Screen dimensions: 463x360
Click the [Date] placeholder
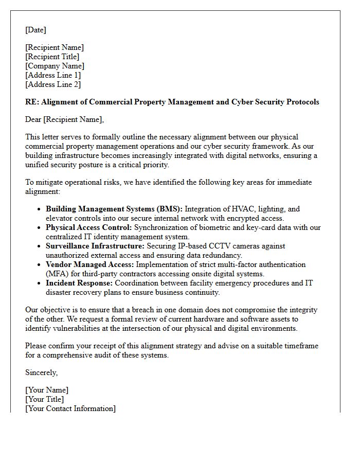[x=35, y=30]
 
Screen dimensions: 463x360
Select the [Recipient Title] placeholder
[x=52, y=57]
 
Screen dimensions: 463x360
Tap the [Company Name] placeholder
[x=55, y=66]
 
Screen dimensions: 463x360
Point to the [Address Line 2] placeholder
[x=53, y=84]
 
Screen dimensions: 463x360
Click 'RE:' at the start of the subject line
[x=32, y=102]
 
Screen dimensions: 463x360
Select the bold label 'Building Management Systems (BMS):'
[x=114, y=209]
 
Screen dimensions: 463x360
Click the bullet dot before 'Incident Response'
[x=40, y=283]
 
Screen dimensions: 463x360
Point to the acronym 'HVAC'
[x=244, y=209]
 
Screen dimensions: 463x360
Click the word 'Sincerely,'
[x=42, y=372]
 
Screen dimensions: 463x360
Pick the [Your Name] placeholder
[x=47, y=390]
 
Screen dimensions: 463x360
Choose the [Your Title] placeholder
[x=45, y=399]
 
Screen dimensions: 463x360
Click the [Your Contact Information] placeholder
[x=70, y=408]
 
